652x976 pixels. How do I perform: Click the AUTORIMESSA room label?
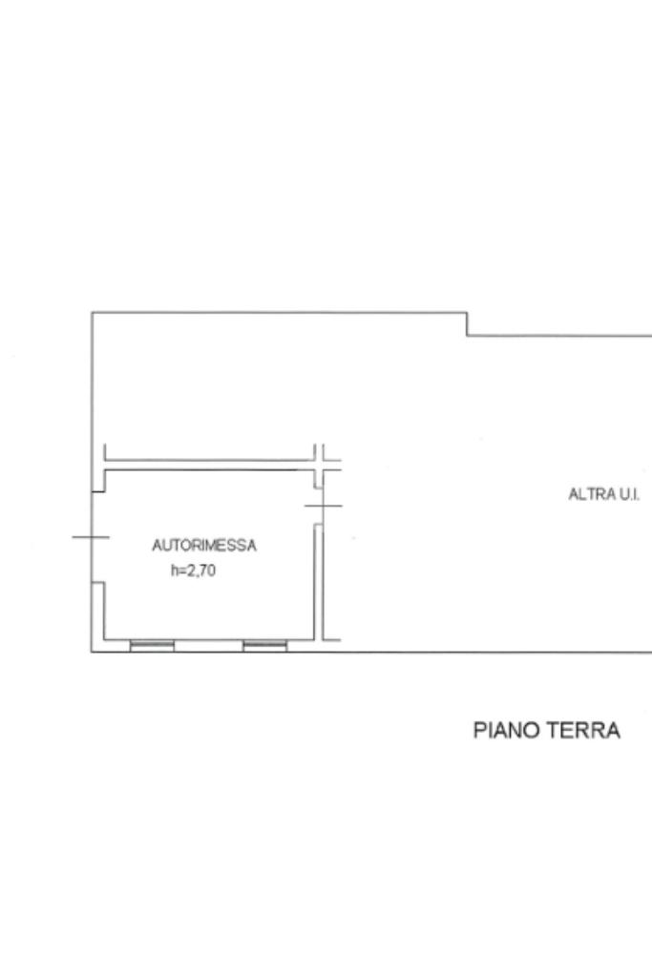[203, 546]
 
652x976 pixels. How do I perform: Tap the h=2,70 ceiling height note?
[193, 571]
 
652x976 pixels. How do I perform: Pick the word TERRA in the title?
[583, 730]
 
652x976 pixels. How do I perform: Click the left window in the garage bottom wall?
[152, 646]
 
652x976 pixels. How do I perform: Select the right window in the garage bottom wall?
[264, 646]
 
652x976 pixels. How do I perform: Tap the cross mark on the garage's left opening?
[92, 536]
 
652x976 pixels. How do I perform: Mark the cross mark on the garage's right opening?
[324, 506]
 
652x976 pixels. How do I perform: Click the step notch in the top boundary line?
[467, 323]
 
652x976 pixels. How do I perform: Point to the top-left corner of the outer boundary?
[93, 312]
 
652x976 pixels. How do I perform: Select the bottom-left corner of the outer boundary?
[93, 652]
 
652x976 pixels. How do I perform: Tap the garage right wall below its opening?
[318, 582]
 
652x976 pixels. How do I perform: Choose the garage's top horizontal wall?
[209, 465]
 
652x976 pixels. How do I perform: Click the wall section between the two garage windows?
[209, 646]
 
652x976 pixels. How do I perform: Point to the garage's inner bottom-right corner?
[313, 639]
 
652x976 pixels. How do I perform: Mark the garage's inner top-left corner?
[105, 470]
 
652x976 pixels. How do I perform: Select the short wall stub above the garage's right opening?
[318, 479]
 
